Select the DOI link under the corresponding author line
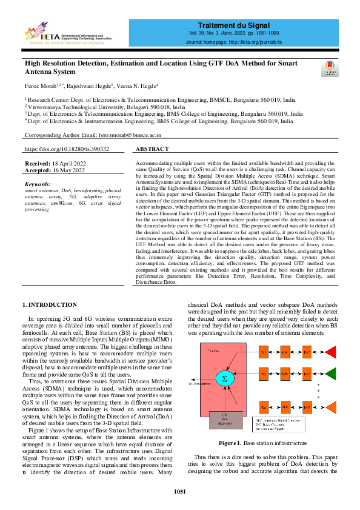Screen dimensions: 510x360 (x=67, y=149)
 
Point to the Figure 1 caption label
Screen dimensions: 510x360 (x=231, y=443)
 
